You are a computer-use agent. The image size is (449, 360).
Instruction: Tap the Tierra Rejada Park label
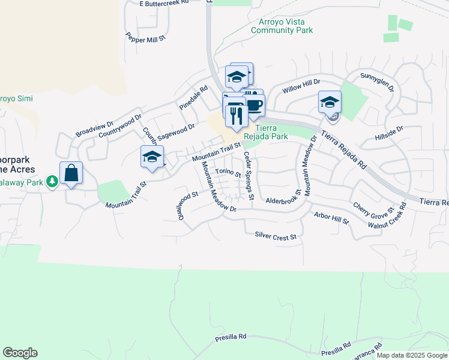(x=272, y=132)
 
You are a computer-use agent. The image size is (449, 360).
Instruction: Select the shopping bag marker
(x=71, y=173)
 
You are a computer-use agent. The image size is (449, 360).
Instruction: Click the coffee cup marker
(x=254, y=106)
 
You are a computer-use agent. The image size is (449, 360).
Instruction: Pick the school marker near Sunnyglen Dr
(x=330, y=103)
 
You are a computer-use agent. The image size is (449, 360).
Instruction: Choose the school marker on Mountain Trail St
(x=152, y=157)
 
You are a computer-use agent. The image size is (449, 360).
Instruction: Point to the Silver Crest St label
(x=276, y=237)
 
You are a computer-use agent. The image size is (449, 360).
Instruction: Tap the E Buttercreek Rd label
(x=164, y=3)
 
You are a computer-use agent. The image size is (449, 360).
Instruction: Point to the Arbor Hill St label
(x=331, y=217)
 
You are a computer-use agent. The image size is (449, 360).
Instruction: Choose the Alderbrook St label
(x=283, y=198)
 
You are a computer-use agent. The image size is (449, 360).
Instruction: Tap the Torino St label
(x=228, y=173)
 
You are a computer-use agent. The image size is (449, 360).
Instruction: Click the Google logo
(x=20, y=353)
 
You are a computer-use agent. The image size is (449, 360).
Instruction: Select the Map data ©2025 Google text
(x=412, y=355)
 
